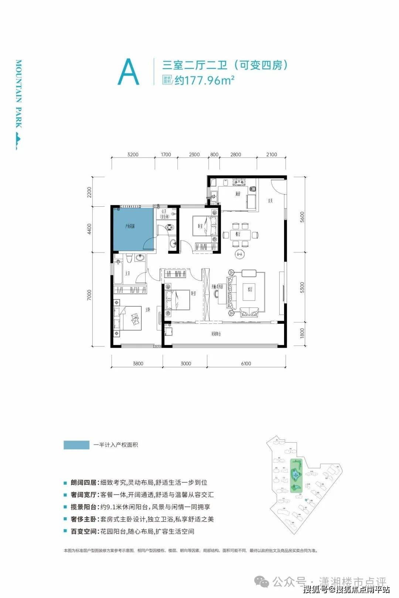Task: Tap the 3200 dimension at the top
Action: [x=132, y=155]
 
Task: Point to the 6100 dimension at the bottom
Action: [x=246, y=364]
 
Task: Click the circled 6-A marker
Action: [x=239, y=254]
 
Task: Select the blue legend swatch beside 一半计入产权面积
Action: [x=76, y=444]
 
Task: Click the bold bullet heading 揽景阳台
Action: [x=83, y=507]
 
